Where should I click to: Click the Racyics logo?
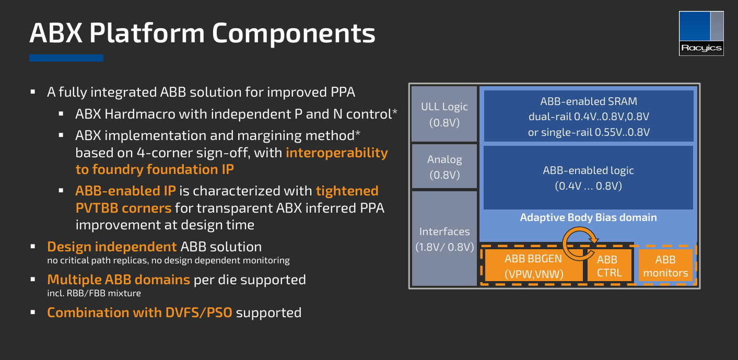click(x=701, y=33)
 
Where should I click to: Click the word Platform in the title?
click(x=147, y=33)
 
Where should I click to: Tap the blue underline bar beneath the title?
click(x=66, y=58)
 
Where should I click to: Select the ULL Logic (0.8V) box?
click(x=444, y=114)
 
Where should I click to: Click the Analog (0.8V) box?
click(x=444, y=167)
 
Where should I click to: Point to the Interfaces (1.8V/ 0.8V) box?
click(x=444, y=239)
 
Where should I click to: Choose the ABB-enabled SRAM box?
click(x=589, y=116)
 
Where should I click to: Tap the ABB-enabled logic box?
click(x=589, y=178)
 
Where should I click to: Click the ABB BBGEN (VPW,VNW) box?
click(x=534, y=265)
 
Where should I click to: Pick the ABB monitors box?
click(x=665, y=265)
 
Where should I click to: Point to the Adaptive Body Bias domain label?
click(x=589, y=217)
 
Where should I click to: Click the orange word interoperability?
click(x=337, y=153)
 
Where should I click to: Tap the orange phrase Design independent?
click(x=112, y=247)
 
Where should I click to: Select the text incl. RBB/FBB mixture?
click(x=94, y=293)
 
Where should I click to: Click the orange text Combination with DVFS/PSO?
click(x=139, y=313)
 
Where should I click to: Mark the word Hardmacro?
click(x=155, y=114)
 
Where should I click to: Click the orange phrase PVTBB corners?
click(x=123, y=208)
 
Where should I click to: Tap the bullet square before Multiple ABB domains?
click(x=32, y=279)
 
